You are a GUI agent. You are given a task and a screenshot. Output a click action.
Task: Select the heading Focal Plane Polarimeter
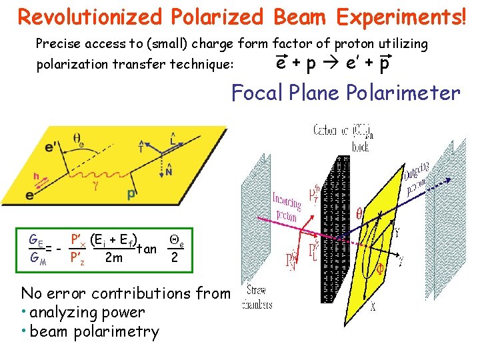tap(345, 93)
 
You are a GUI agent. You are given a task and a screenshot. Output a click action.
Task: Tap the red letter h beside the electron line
tap(27, 176)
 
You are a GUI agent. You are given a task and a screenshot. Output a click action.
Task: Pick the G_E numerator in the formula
tap(36, 239)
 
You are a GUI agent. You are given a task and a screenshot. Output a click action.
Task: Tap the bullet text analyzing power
tap(87, 312)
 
